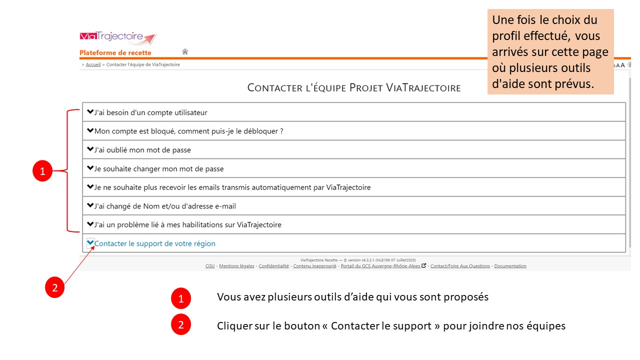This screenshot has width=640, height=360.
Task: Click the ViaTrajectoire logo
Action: pyautogui.click(x=118, y=38)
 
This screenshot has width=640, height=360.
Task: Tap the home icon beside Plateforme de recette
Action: pyautogui.click(x=185, y=51)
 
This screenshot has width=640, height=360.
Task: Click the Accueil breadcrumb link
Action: pyautogui.click(x=93, y=64)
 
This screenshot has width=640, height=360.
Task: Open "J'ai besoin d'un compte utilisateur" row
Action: pyautogui.click(x=150, y=112)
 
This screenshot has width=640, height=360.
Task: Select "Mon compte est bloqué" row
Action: pyautogui.click(x=188, y=131)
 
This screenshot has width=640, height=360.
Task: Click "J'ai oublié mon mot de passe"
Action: pyautogui.click(x=142, y=150)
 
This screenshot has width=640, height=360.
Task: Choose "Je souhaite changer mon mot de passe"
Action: pyautogui.click(x=159, y=168)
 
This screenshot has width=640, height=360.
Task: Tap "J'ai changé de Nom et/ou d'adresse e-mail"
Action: pyautogui.click(x=165, y=206)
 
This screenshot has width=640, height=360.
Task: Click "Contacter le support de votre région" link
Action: pyautogui.click(x=155, y=243)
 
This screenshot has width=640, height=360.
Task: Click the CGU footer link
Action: pyautogui.click(x=210, y=266)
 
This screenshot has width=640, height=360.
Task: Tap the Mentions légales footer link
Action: pyautogui.click(x=236, y=266)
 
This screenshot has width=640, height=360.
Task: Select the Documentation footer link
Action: pyautogui.click(x=510, y=266)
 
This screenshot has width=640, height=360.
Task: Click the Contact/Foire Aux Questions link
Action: pyautogui.click(x=460, y=266)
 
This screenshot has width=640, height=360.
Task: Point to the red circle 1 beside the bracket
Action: pyautogui.click(x=42, y=171)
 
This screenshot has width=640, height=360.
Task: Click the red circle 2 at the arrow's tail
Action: pyautogui.click(x=54, y=287)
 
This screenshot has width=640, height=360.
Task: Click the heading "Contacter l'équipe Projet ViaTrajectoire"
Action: pyautogui.click(x=354, y=88)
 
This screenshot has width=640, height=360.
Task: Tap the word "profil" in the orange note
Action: pyautogui.click(x=505, y=36)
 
